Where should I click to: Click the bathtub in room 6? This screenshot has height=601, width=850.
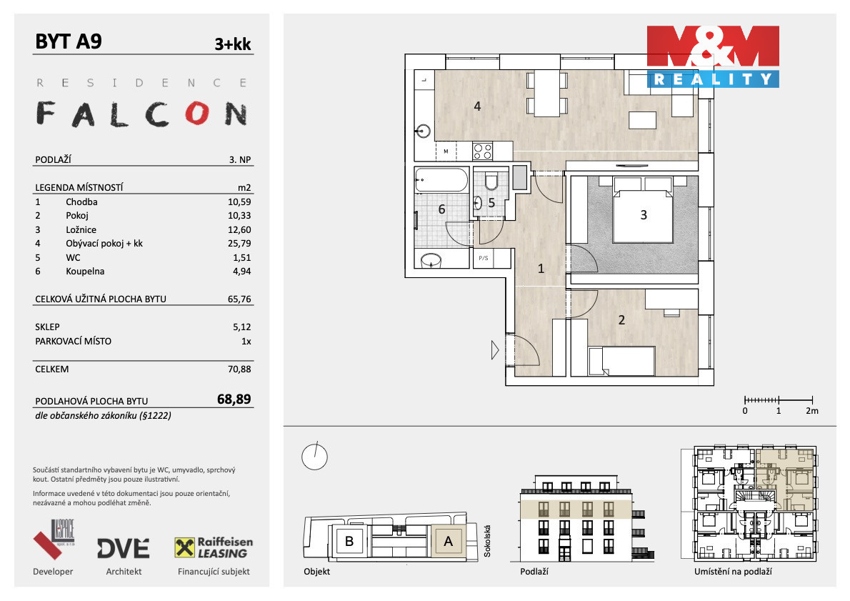coord(441,180)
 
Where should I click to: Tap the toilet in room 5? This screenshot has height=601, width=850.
coord(491,181)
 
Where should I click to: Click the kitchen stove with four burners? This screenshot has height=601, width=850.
coord(482,151)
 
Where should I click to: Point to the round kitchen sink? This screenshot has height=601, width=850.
coord(423,131)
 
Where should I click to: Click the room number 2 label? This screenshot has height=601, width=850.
coord(621,320)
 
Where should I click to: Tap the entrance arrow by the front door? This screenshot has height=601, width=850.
coord(495,350)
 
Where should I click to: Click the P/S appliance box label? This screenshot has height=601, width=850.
coord(483,258)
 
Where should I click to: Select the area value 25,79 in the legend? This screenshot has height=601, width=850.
coord(239,244)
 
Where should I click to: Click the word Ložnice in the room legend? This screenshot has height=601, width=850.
coord(81,229)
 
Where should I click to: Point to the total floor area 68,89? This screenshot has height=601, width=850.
coord(234,399)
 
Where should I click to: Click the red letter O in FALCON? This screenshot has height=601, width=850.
coord(196,113)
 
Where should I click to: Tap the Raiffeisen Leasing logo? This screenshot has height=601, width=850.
coord(214,548)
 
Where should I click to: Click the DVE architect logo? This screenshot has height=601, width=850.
coord(123,548)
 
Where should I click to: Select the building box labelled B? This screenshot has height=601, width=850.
coord(350,541)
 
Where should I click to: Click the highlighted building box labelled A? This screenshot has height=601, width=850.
coord(448,541)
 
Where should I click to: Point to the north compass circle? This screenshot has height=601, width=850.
coord(314,456)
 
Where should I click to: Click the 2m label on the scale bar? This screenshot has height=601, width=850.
coord(811,411)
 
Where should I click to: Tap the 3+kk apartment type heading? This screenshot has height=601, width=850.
coord(233,44)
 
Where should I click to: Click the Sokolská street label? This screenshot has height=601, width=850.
coord(487,540)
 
